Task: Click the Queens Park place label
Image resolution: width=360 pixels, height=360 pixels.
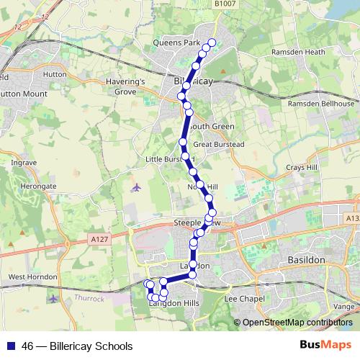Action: [x=176, y=43]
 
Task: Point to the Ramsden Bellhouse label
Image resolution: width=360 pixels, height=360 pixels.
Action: [x=321, y=104]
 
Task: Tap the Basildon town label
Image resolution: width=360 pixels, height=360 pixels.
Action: [x=306, y=258]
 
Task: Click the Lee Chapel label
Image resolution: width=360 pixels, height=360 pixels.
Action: [x=241, y=297]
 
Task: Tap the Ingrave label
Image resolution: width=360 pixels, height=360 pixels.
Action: [x=24, y=163]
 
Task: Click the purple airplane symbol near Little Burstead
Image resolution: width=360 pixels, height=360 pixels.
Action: [x=137, y=188]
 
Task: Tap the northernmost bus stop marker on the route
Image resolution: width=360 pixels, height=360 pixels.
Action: [x=212, y=42]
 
